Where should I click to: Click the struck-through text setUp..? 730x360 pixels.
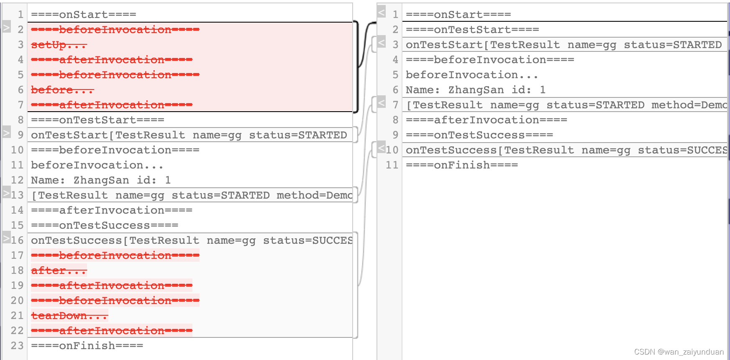(59, 45)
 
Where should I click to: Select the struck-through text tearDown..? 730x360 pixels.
(69, 316)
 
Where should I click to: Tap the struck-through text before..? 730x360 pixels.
(62, 90)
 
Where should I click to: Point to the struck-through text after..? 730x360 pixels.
(59, 271)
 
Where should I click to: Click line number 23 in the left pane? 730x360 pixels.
(17, 346)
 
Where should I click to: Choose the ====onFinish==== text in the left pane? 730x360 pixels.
(87, 346)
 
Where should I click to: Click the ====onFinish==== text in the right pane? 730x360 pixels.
(462, 165)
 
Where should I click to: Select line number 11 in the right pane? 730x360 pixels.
(392, 165)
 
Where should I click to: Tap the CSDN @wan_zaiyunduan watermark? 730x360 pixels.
(679, 352)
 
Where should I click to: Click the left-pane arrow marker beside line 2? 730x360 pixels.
(6, 28)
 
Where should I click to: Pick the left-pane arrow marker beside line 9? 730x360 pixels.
(6, 133)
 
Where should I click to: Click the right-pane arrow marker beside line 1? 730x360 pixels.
(381, 12)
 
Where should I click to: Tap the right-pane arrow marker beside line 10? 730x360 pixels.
(381, 148)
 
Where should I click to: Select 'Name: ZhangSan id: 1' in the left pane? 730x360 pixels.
(101, 180)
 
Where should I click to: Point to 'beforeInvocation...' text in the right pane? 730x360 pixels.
(472, 75)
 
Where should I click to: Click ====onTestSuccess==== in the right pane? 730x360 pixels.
(479, 135)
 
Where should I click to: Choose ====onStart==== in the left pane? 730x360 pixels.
(84, 15)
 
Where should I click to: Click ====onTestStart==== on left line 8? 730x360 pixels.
(97, 120)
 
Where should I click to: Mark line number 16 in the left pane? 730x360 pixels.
(17, 240)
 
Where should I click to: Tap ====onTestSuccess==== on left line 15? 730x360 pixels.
(105, 225)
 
